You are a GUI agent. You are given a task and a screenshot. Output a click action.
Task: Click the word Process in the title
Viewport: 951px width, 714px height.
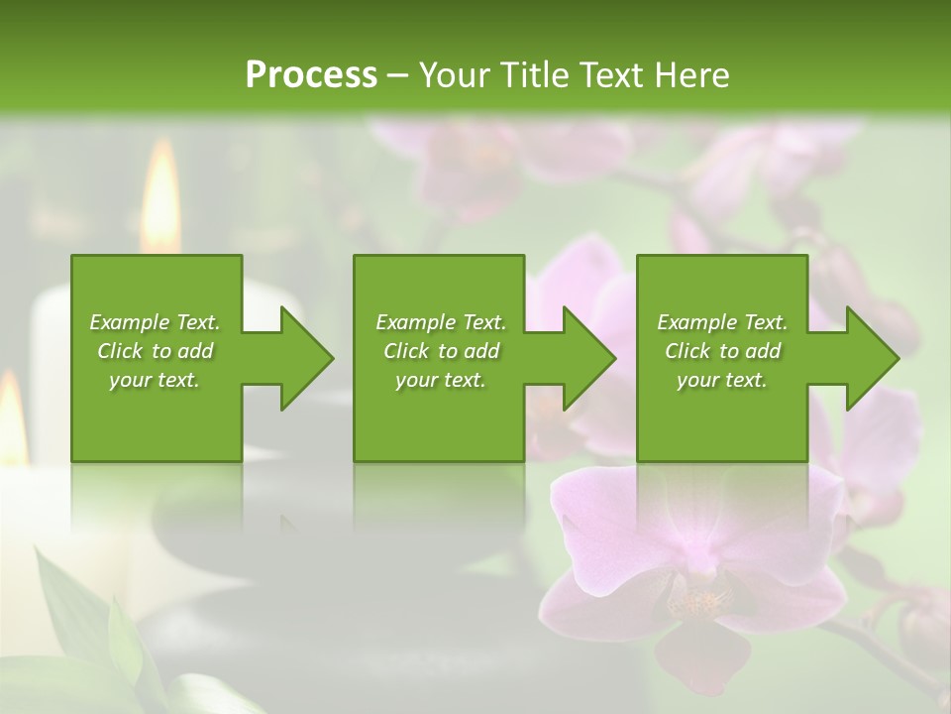(311, 75)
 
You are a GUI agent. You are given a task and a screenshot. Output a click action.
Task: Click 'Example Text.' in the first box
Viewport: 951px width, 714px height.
(155, 322)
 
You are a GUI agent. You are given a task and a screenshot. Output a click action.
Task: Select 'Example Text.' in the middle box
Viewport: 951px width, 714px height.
(441, 322)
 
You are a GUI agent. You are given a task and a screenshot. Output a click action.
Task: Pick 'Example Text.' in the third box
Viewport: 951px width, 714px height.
(722, 322)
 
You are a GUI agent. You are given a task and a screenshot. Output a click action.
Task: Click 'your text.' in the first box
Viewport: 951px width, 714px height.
(155, 380)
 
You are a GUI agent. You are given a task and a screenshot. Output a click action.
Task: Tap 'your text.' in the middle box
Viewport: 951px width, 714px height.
(441, 380)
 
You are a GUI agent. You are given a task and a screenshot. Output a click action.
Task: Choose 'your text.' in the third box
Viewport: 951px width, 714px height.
(722, 380)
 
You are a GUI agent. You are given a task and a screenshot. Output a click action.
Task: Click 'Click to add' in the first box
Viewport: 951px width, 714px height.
(155, 351)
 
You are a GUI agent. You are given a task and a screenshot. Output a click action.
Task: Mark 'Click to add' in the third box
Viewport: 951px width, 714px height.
(722, 351)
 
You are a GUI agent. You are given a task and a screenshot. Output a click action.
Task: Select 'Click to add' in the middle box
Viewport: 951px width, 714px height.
(441, 351)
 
